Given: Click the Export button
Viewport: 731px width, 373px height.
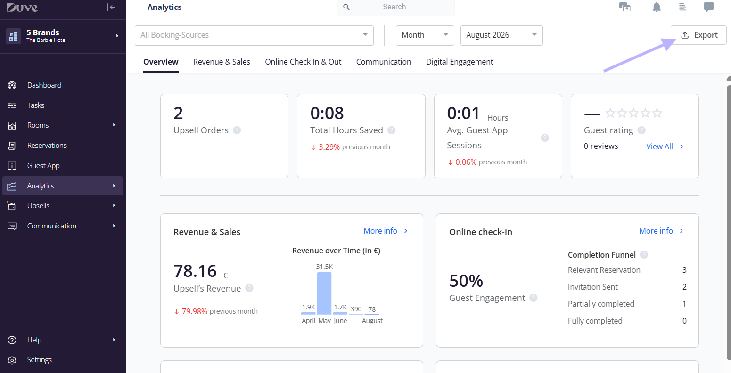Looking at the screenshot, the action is (698, 35).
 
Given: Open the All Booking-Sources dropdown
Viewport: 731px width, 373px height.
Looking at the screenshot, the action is (254, 35).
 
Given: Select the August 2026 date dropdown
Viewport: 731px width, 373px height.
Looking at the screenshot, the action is (501, 35).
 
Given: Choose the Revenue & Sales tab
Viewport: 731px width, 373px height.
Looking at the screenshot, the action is (222, 62).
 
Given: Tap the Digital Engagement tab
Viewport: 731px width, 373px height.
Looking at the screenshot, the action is (460, 62).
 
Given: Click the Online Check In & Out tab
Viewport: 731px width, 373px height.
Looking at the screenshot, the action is (303, 62).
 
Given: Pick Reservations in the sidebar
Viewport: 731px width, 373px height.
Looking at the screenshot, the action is (47, 146).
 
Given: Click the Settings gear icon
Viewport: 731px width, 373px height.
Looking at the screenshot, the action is (12, 360).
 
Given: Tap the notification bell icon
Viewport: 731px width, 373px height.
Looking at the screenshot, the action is (657, 7).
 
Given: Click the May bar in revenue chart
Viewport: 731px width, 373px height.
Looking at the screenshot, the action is (324, 293).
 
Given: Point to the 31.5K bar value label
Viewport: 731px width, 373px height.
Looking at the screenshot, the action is (324, 267).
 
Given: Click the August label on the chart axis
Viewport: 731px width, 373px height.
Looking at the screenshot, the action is (372, 321).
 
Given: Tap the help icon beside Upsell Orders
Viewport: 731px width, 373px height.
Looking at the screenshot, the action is (237, 130).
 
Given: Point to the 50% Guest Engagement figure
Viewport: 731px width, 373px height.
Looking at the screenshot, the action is (466, 281).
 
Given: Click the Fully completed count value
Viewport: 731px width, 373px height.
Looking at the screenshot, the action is (684, 321).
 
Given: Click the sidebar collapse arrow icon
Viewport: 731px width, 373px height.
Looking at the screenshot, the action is (111, 7).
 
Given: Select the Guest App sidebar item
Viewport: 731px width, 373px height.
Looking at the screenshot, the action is (43, 166).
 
